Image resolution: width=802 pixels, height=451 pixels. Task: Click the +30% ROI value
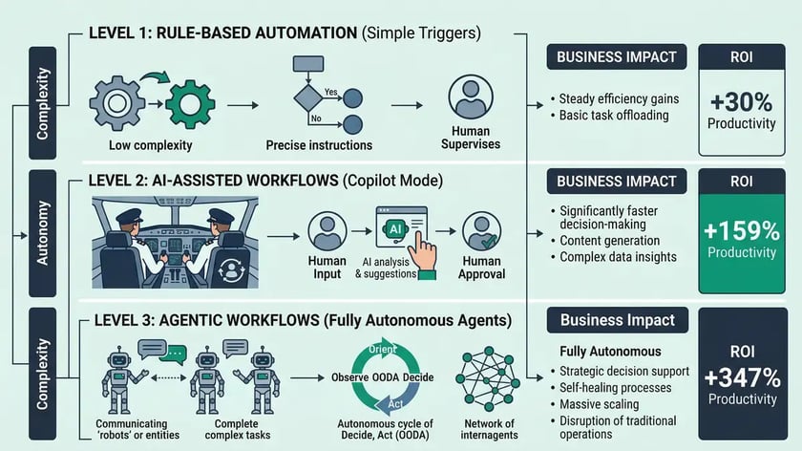[x=741, y=101]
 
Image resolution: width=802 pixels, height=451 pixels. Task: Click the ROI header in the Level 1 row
[x=741, y=57]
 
